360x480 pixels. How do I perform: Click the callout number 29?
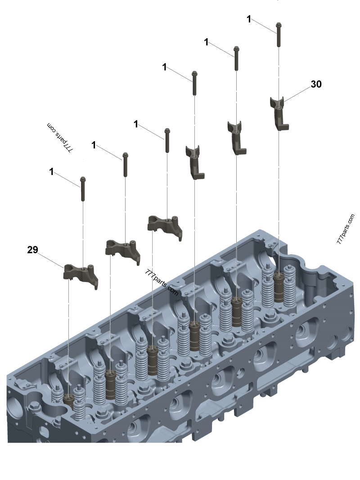click(33, 250)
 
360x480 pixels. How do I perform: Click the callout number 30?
click(316, 84)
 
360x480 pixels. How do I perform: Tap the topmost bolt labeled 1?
click(279, 34)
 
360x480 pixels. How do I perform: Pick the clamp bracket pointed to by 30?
click(279, 113)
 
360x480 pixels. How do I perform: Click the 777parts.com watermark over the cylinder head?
click(162, 282)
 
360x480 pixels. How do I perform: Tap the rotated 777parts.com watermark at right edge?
click(346, 229)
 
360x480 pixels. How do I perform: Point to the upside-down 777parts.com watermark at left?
click(60, 138)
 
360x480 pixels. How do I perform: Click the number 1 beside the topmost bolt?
click(249, 19)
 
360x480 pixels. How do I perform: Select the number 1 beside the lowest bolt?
click(51, 172)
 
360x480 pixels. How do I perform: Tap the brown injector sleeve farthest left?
click(68, 400)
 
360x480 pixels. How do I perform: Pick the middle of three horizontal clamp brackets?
click(123, 251)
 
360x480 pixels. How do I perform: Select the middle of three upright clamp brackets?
click(237, 138)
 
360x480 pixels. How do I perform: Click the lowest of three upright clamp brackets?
click(195, 162)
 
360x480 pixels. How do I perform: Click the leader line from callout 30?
click(297, 94)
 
